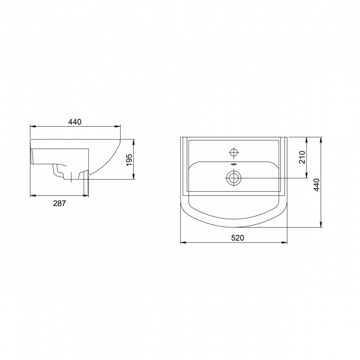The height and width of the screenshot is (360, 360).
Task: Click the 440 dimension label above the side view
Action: (x=75, y=122)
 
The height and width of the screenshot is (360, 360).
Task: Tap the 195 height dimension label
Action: (x=129, y=160)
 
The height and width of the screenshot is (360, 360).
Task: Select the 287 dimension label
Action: (x=59, y=203)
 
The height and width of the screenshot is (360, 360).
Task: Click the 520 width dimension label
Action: (x=238, y=238)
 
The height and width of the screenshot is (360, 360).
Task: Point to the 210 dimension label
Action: (x=302, y=157)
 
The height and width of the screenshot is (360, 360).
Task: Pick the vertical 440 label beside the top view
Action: (x=317, y=185)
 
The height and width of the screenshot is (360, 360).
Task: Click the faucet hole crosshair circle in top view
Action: (x=234, y=152)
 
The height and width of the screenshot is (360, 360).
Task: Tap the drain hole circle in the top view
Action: (x=234, y=178)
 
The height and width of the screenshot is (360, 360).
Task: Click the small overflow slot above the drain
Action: (x=234, y=164)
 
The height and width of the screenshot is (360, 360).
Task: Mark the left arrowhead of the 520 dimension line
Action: (x=183, y=242)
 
